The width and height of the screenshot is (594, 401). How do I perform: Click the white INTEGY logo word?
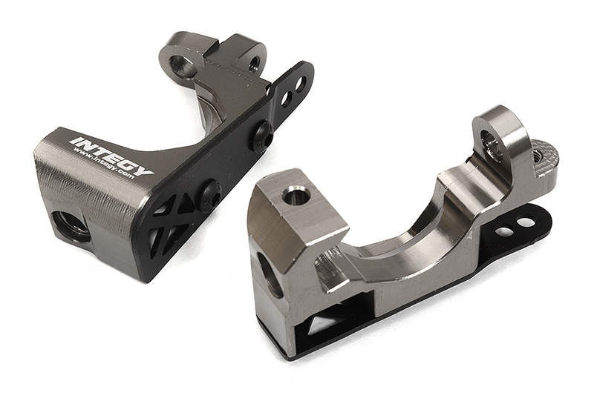(x=111, y=155)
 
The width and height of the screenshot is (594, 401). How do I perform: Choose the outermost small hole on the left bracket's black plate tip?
(x=301, y=84)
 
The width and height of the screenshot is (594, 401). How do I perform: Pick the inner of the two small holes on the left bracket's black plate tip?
(x=287, y=96)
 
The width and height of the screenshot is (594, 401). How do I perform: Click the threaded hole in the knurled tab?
(x=537, y=156)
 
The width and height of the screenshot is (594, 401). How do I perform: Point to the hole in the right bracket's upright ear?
(x=492, y=145)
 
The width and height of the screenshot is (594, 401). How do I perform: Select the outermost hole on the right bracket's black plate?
(x=526, y=222)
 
